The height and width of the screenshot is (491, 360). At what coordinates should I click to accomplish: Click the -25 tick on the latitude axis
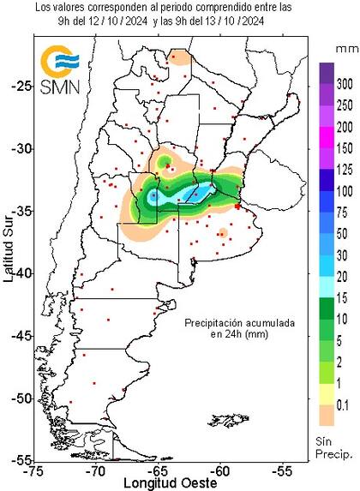click(17, 86)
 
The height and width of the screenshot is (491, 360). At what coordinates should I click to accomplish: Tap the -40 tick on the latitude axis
click(17, 272)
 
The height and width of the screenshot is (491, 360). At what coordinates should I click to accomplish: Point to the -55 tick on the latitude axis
click(17, 460)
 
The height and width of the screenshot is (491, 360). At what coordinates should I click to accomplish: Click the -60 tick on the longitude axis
click(220, 470)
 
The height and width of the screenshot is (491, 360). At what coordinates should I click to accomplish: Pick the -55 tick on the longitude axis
click(283, 470)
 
